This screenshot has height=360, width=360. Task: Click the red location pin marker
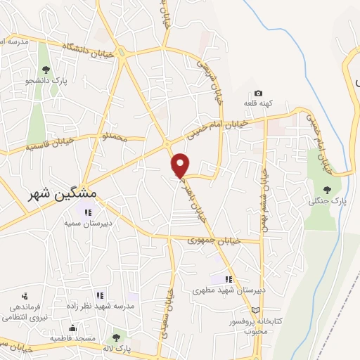(181, 165)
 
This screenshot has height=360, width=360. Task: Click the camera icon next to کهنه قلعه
(258, 94)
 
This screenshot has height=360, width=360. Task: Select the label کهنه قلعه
(257, 104)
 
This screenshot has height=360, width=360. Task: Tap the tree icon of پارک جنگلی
(326, 189)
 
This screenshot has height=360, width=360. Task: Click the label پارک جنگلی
(324, 202)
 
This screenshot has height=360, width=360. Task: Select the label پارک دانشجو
(46, 81)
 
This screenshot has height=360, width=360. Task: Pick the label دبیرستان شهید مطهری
(226, 290)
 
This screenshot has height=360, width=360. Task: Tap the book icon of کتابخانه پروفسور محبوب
(255, 310)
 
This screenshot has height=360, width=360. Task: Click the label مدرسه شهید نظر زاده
(105, 307)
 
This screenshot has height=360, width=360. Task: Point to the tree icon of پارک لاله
(115, 337)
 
